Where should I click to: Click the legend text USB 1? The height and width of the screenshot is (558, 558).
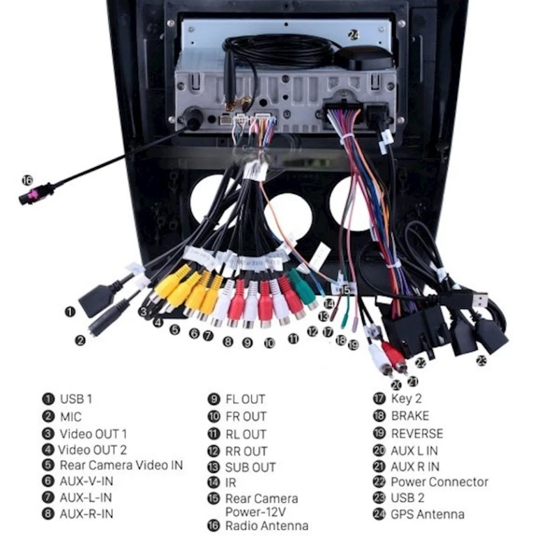point(76,400)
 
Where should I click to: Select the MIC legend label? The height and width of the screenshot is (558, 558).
point(70,417)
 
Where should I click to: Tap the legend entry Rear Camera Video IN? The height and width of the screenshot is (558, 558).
point(121,465)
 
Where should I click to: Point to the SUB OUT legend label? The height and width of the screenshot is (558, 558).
point(250,467)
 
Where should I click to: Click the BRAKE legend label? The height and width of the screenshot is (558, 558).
point(410,416)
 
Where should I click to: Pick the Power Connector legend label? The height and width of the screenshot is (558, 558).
point(439,482)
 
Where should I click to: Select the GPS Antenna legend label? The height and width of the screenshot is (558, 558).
point(428,515)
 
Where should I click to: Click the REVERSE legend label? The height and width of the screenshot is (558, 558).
point(417,433)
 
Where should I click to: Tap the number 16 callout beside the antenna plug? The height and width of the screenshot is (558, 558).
point(27,181)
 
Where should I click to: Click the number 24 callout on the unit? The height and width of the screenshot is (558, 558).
point(354,33)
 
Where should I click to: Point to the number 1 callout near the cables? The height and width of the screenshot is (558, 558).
point(70,312)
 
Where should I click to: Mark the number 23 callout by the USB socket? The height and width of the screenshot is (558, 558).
point(481,361)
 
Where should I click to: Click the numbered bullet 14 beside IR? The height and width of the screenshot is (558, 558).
point(213,483)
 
